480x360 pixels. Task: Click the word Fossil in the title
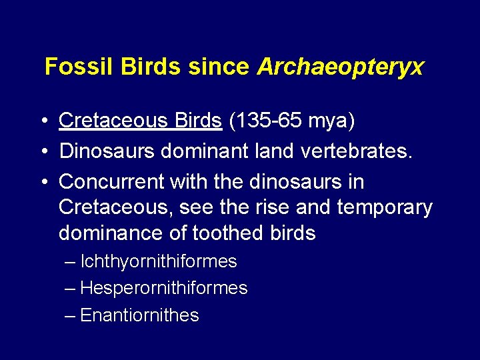(74, 67)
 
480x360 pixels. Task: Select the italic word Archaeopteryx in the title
(340, 67)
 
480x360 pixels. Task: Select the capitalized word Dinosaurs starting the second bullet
(106, 151)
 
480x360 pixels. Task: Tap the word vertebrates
(353, 151)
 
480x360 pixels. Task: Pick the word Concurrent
(111, 181)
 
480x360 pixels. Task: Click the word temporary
(385, 207)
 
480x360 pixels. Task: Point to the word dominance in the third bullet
(109, 233)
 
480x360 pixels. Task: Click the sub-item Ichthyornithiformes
(158, 261)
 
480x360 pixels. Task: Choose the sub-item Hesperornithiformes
(163, 288)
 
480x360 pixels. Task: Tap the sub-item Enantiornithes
(139, 315)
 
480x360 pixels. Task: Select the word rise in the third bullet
(269, 207)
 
